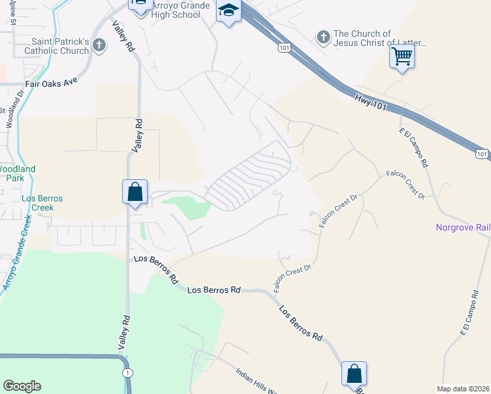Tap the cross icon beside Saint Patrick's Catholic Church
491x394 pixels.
(98, 45)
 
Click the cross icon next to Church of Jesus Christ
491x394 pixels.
(323, 37)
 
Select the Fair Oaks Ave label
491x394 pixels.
(51, 84)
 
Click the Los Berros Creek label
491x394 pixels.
(37, 202)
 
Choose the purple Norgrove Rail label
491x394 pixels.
(463, 228)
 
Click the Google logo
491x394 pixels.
(22, 386)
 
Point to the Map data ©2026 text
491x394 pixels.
(463, 389)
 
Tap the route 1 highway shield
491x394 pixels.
(127, 372)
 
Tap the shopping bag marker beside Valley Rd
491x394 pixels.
(135, 192)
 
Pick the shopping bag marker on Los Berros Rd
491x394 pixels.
(354, 374)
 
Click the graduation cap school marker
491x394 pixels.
(228, 11)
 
